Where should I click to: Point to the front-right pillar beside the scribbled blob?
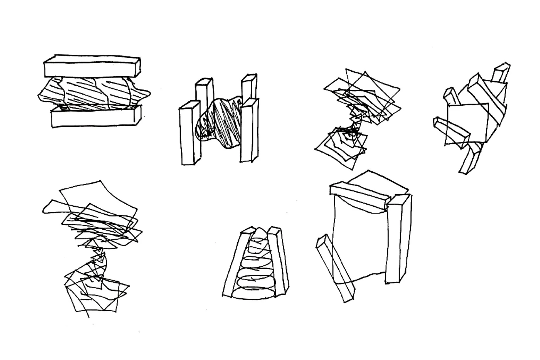[x=249, y=131]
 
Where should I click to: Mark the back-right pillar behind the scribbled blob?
[x=249, y=86]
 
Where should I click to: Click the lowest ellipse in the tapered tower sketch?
[x=253, y=294]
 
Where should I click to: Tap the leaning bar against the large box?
[x=335, y=268]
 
